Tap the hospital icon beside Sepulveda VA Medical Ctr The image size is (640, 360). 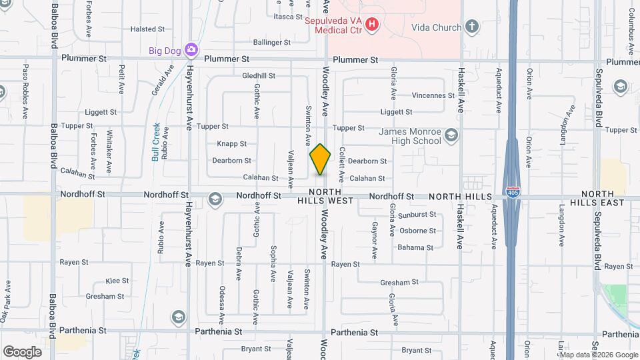[x=372, y=25]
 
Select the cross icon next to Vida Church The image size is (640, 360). [x=472, y=27]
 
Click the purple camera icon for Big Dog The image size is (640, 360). [x=191, y=49]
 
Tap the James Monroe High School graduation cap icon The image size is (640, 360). [x=452, y=136]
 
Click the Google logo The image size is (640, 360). [x=22, y=351]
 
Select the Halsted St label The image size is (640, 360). [x=147, y=29]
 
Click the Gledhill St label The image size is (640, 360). [x=259, y=76]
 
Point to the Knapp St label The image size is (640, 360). [x=231, y=143]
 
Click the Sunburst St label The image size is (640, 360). [x=417, y=215]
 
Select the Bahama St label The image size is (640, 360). [x=416, y=247]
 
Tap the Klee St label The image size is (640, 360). [x=117, y=281]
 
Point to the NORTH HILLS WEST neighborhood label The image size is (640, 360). [x=325, y=196]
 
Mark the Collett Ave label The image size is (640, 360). [x=341, y=165]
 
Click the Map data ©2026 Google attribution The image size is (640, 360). [x=597, y=354]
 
